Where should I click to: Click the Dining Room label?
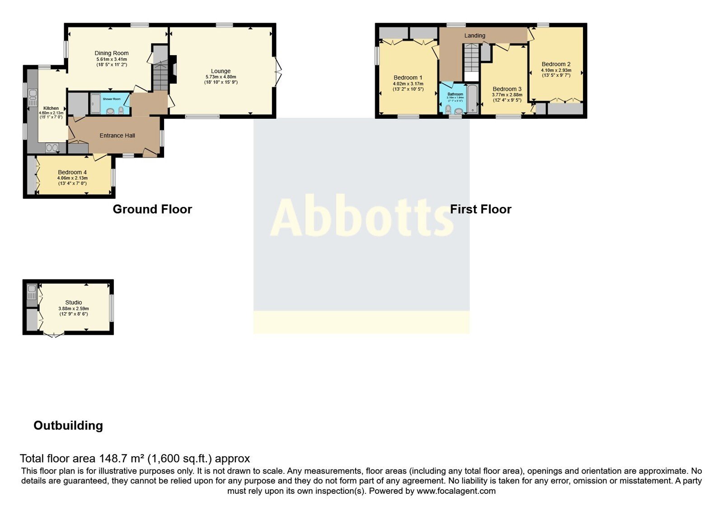point(112,53)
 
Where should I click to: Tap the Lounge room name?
point(221,71)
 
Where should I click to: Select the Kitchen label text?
point(51,108)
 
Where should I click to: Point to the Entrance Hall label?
point(117,136)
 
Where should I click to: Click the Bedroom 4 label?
point(72,172)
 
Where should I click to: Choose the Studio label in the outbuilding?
point(73,303)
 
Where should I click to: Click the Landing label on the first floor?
point(474,35)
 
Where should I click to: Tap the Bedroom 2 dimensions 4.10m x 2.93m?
point(556,70)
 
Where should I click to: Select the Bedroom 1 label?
point(408,78)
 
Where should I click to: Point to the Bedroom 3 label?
point(507,89)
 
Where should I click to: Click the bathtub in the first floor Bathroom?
point(472,98)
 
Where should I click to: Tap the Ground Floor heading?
point(152,209)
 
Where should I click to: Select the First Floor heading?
point(480,209)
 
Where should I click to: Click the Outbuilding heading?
point(68,426)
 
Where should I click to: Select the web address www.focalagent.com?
point(456,491)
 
